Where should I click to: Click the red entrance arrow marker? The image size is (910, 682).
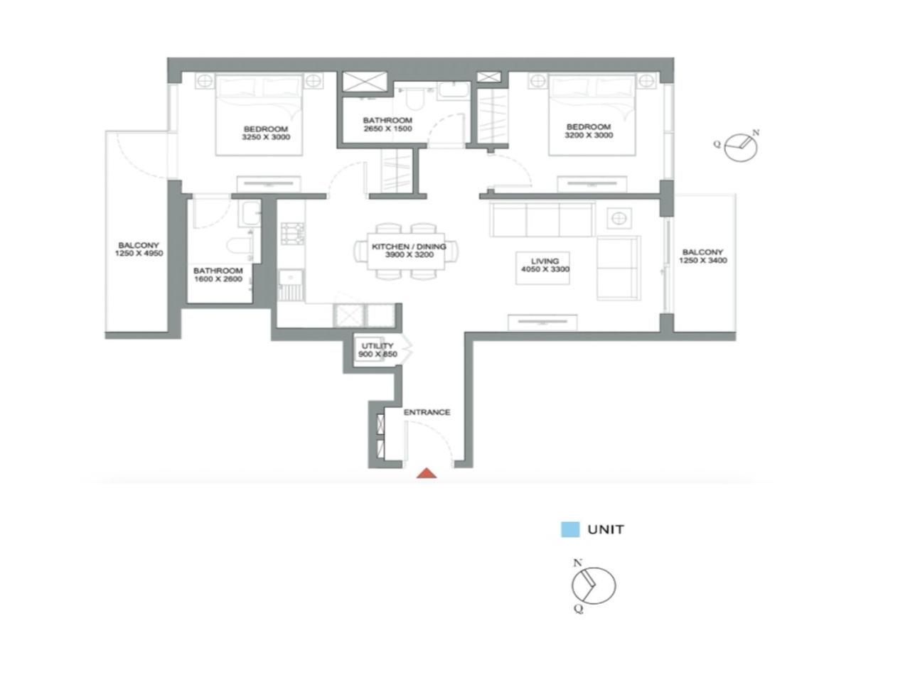pos(426,473)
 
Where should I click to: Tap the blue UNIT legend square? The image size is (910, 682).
pos(570,529)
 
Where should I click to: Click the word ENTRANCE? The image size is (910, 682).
pos(427,412)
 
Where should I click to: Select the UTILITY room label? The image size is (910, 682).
pos(377,346)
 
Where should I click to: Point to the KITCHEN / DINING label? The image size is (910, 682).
pos(409,247)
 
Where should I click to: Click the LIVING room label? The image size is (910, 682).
pos(545,261)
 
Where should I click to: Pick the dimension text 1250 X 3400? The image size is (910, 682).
pos(702,261)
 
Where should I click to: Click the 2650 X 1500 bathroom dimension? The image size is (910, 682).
pos(387,129)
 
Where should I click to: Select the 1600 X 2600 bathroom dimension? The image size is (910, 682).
pos(218,279)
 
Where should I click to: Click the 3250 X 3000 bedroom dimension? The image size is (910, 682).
pos(266,137)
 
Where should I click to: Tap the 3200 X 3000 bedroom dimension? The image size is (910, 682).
pos(589,135)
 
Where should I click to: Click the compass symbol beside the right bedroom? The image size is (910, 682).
pos(741,146)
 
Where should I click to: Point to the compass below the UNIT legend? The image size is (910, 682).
pos(593,585)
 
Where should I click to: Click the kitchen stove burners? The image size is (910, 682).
pos(292,232)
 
